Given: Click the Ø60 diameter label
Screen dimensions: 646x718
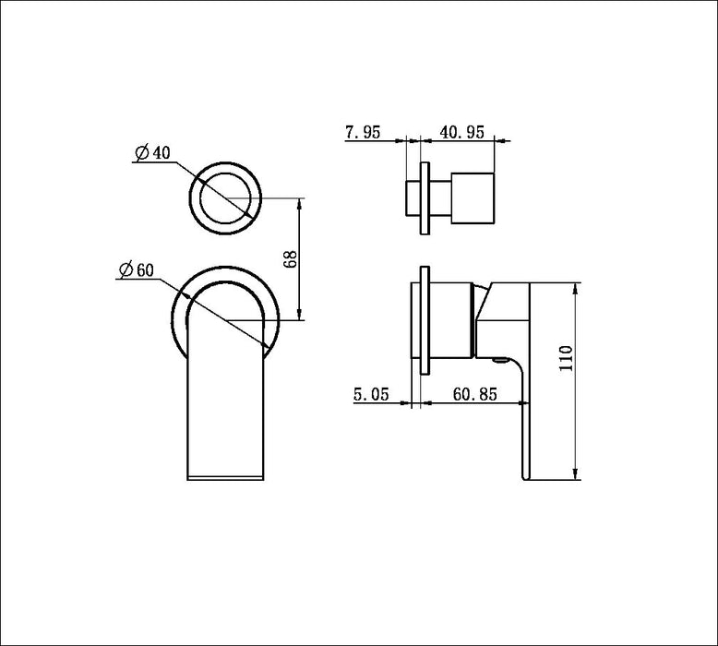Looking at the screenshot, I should coord(135,269).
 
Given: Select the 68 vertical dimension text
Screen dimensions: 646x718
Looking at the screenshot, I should coord(289,258).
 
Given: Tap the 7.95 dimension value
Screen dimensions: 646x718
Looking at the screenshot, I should coord(364,132).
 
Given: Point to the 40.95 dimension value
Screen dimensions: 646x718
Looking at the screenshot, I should coord(462,132).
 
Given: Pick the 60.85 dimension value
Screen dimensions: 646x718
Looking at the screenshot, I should coord(475,394).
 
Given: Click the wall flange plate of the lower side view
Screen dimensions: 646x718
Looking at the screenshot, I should coord(424,320).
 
